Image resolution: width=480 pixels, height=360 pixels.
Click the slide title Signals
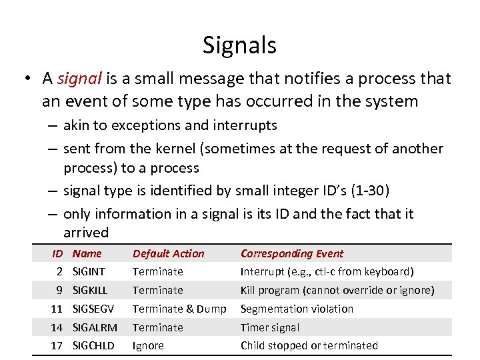239,45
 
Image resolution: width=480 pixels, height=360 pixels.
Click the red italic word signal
79,79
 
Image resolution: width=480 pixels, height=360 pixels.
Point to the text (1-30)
367,191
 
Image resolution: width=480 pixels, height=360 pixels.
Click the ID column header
57,253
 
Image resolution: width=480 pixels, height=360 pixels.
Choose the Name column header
87,253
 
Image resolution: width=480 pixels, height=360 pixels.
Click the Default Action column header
169,253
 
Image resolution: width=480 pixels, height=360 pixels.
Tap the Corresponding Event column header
292,253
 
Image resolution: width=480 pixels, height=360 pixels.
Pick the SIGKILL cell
90,291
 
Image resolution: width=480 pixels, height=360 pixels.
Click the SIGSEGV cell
93,309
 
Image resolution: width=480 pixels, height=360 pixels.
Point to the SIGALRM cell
95,328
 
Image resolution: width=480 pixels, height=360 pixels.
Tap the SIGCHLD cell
93,346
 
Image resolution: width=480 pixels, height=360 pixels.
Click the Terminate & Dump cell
179,309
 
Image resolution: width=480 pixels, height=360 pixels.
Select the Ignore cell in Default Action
147,346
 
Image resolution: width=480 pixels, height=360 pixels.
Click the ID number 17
57,346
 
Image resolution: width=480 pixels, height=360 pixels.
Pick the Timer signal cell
270,328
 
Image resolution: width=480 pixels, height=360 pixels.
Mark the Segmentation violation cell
297,309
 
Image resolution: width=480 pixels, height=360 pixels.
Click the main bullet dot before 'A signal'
26,79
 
